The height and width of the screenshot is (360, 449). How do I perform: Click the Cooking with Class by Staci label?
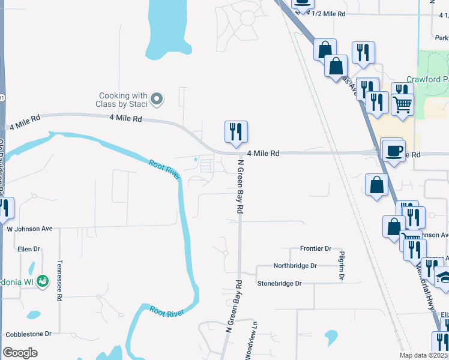pyautogui.click(x=123, y=100)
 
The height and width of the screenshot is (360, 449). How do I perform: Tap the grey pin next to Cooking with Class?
pyautogui.click(x=157, y=99)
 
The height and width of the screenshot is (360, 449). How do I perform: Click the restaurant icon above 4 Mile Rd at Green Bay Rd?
pyautogui.click(x=236, y=131)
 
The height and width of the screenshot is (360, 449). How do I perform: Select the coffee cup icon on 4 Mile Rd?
pyautogui.click(x=394, y=150)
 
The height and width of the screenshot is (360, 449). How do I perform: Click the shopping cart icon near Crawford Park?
pyautogui.click(x=403, y=104)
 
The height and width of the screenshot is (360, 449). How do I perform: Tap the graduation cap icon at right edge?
pyautogui.click(x=444, y=278)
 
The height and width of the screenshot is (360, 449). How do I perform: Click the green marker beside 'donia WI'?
pyautogui.click(x=42, y=280)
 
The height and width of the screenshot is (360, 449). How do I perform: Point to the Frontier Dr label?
pyautogui.click(x=316, y=248)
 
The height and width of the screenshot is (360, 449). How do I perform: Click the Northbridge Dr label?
pyautogui.click(x=295, y=266)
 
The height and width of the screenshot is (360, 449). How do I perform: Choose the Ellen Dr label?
pyautogui.click(x=28, y=248)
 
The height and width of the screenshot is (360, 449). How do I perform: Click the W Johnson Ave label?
pyautogui.click(x=29, y=229)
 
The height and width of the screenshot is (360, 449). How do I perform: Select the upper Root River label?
pyautogui.click(x=165, y=169)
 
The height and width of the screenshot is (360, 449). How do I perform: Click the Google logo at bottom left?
pyautogui.click(x=20, y=353)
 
